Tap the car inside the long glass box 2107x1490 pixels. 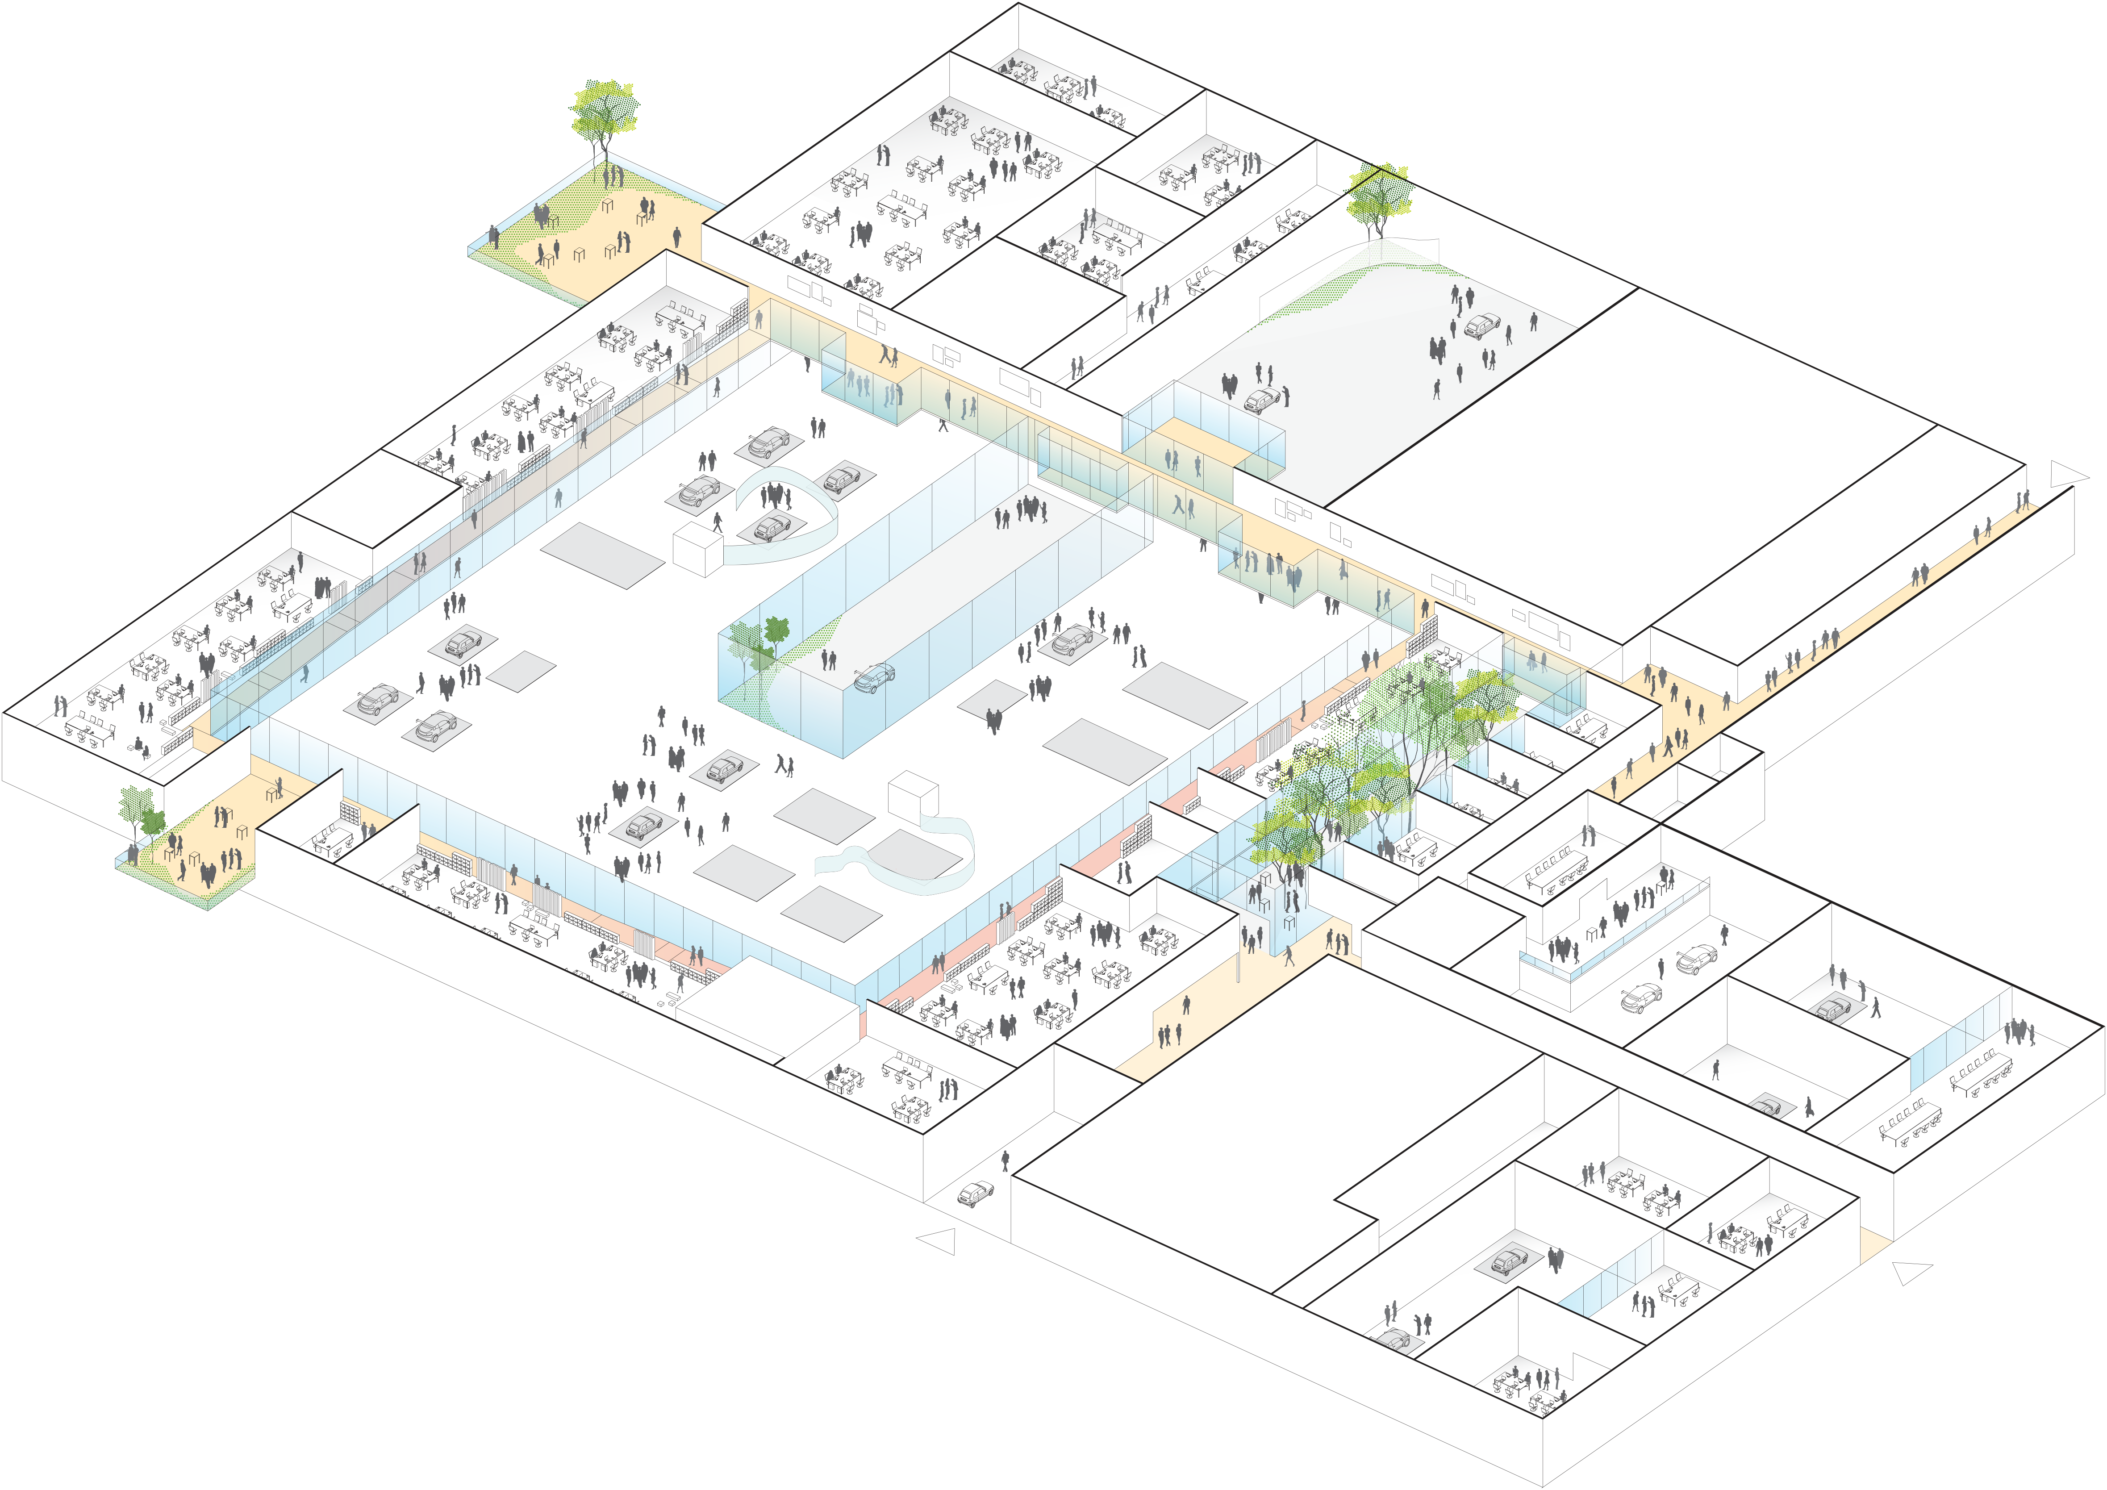point(874,677)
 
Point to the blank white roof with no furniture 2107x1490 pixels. point(376,498)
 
